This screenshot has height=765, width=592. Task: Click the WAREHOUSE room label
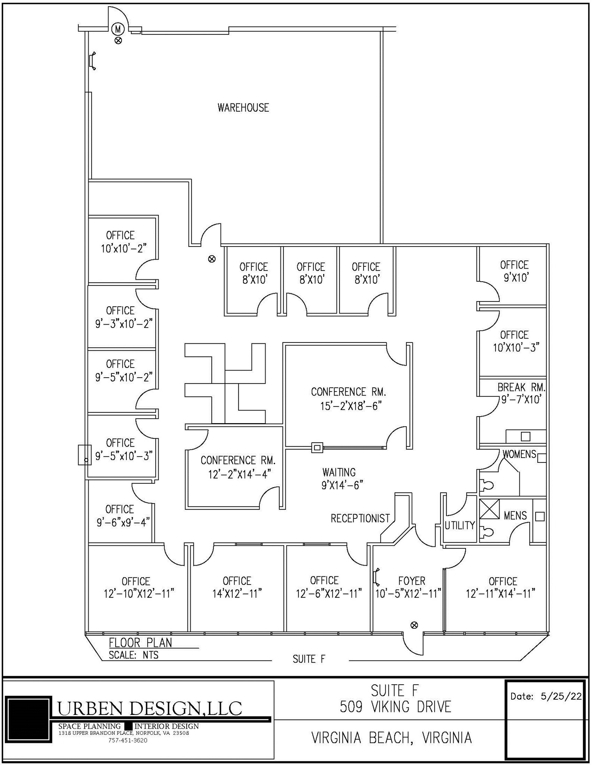[x=243, y=108]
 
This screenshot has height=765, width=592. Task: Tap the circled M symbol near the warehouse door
[x=118, y=28]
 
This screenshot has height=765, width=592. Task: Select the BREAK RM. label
[x=521, y=387]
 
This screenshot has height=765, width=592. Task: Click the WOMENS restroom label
[x=519, y=454]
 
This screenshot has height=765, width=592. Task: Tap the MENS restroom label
[x=515, y=515]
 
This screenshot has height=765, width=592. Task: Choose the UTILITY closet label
[x=460, y=525]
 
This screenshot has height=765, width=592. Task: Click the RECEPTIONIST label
[x=360, y=518]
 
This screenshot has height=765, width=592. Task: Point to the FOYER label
[x=411, y=581]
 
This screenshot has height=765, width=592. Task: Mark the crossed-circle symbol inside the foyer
[x=414, y=625]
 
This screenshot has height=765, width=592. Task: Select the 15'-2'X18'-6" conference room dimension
[x=350, y=406]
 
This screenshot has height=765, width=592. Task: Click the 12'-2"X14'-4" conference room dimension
[x=239, y=474]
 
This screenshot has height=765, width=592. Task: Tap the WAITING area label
[x=339, y=472]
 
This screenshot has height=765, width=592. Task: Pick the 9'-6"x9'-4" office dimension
[x=123, y=522]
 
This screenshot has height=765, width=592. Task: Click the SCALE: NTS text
[x=134, y=655]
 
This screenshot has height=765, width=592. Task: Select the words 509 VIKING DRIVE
[x=395, y=707]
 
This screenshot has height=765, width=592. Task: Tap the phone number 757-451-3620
[x=128, y=740]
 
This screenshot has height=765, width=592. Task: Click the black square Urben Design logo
[x=28, y=719]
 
